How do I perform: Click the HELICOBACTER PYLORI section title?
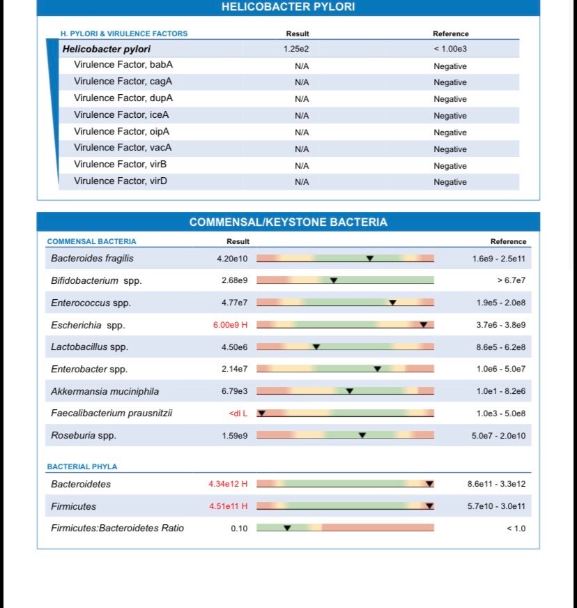[x=288, y=7]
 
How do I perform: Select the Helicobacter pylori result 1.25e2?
[x=296, y=49]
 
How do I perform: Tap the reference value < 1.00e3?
[x=450, y=49]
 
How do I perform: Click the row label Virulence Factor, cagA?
[x=123, y=82]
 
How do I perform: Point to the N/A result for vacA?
[x=302, y=149]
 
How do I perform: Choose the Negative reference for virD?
[x=450, y=182]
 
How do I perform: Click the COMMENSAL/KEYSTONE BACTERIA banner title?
[x=288, y=222]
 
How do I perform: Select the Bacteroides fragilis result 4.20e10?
[x=232, y=259]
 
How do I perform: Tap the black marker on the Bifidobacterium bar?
[x=334, y=280]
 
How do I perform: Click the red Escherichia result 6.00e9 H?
[x=229, y=325]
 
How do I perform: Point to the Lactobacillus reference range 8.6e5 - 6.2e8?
[x=500, y=347]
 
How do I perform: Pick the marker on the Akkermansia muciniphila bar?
[x=350, y=391]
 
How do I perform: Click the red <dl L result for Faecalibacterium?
[x=238, y=413]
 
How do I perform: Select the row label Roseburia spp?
[x=84, y=436]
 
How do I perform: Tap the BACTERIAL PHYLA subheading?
[x=82, y=466]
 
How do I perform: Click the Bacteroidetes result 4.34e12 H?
[x=228, y=484]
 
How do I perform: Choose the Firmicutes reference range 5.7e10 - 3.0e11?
[x=496, y=506]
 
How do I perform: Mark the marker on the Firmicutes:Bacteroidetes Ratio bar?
[x=287, y=528]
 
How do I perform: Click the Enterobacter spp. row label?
[x=89, y=370]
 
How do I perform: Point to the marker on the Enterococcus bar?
[x=392, y=303]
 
